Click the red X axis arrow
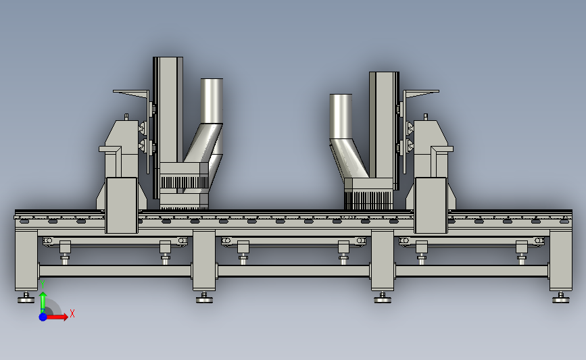(x=56, y=317)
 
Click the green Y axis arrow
(x=43, y=302)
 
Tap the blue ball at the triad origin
(x=43, y=317)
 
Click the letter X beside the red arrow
(x=72, y=313)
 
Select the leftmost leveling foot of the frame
(x=26, y=298)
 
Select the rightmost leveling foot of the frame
(x=560, y=298)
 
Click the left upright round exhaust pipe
(x=212, y=101)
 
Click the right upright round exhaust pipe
(x=341, y=116)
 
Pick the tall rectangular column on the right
(x=384, y=125)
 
